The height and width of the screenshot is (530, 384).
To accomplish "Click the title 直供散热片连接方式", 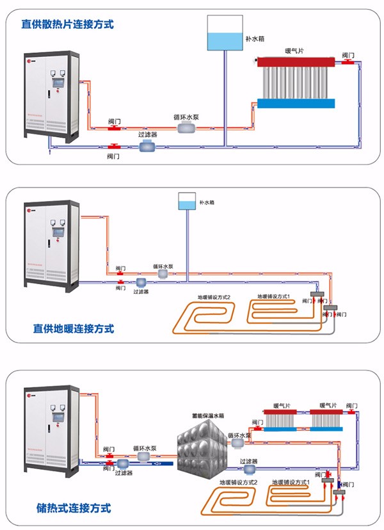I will [x=67, y=25].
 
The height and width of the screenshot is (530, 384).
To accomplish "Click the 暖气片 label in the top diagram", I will [x=295, y=51].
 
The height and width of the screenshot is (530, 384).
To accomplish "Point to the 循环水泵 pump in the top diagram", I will [x=188, y=128].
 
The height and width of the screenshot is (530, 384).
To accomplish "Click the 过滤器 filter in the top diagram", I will [x=149, y=147].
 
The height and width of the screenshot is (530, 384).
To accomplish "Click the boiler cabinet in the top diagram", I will [x=49, y=94].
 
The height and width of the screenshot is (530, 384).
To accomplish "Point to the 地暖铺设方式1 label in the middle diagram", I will [x=274, y=296].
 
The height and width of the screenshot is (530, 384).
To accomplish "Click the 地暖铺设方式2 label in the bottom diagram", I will [x=237, y=481].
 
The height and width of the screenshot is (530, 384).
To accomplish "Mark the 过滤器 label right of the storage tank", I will [x=250, y=460].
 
